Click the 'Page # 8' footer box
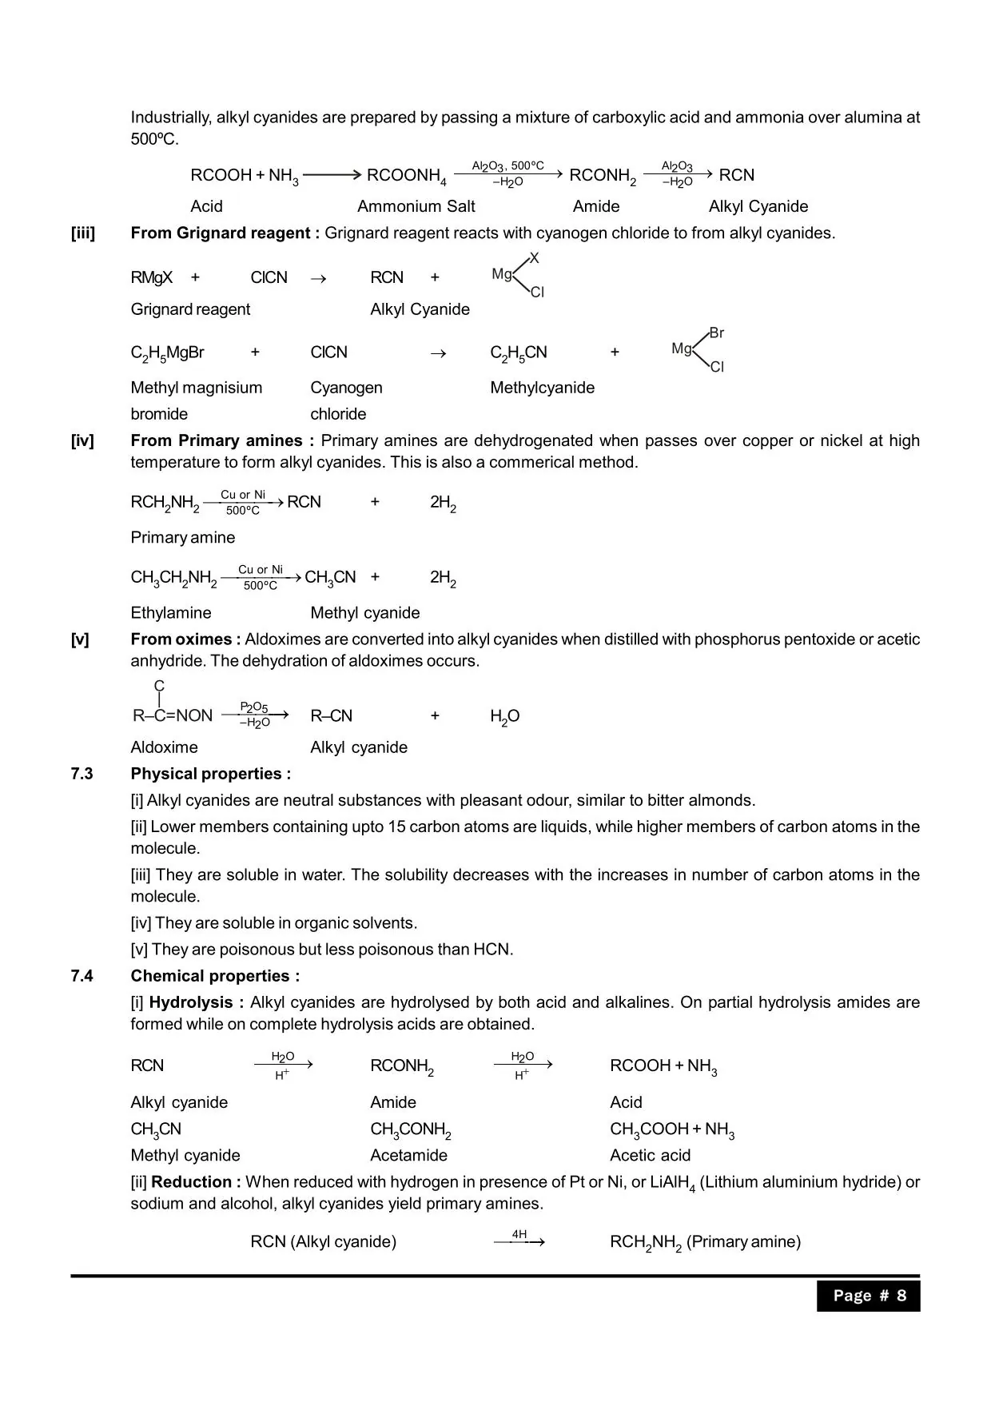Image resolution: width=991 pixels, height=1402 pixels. [868, 1296]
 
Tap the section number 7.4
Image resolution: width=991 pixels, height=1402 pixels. [82, 976]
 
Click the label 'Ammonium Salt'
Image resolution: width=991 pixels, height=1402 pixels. [416, 206]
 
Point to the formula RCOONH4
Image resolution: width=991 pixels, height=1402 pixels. [406, 176]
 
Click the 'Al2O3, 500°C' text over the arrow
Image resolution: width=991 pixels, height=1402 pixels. [507, 166]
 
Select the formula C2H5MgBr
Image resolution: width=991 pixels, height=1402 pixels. [167, 353]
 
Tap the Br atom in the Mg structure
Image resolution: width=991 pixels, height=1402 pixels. [717, 333]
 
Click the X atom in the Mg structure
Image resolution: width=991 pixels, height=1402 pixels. [535, 258]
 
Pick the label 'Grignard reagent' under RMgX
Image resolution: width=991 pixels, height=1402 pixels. [190, 309]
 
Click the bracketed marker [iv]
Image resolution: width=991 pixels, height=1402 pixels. [82, 440]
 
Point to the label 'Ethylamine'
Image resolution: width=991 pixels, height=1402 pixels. [171, 613]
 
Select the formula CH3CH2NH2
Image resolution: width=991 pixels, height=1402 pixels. [173, 578]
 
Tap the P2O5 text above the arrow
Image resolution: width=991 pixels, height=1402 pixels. [254, 707]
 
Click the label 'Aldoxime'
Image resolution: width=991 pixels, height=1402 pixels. [164, 747]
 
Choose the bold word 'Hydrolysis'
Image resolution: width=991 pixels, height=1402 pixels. [191, 1002]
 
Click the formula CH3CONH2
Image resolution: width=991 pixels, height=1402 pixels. [411, 1130]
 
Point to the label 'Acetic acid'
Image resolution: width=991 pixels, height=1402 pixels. [650, 1155]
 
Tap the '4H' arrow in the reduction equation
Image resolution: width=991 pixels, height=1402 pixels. [519, 1239]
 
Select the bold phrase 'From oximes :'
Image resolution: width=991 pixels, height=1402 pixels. [185, 639]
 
